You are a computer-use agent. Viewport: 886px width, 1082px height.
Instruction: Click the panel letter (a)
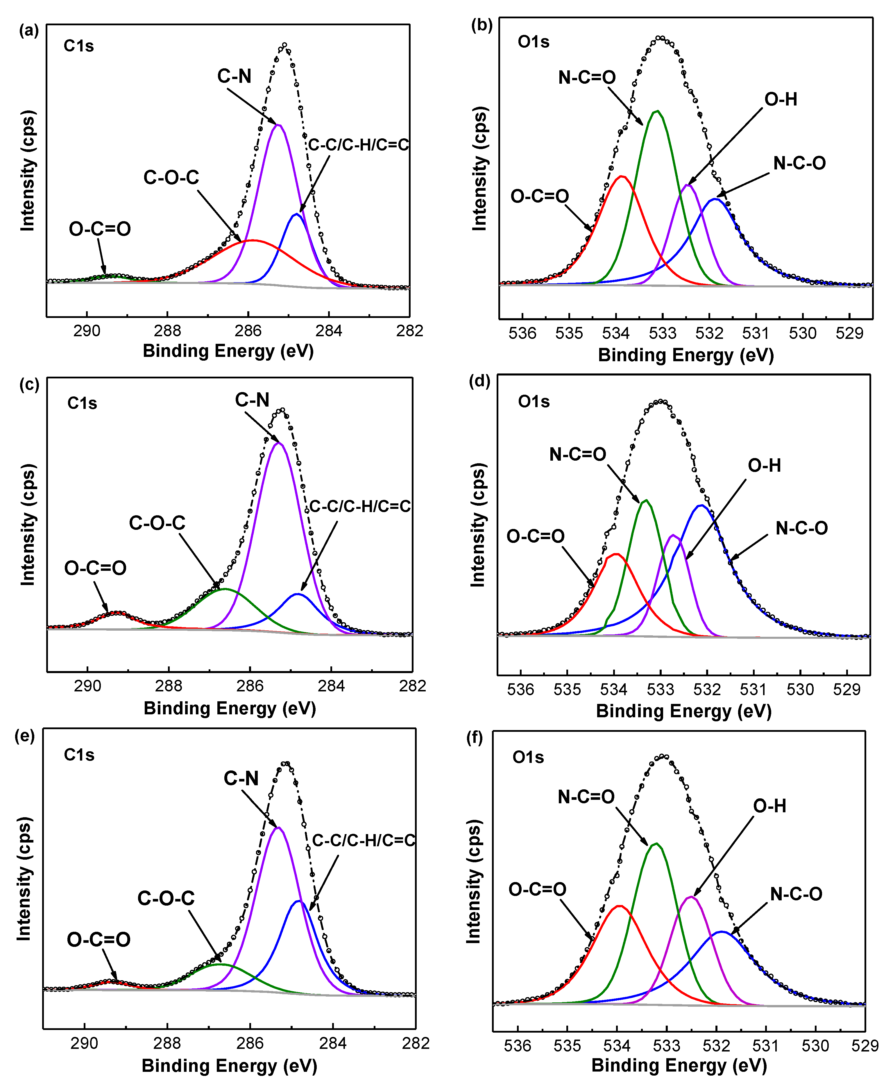[x=28, y=31]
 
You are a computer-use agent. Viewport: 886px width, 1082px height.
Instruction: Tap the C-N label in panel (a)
[x=234, y=76]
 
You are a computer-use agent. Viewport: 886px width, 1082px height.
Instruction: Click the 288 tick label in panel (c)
[x=169, y=685]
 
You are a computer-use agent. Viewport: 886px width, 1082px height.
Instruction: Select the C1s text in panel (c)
[x=82, y=403]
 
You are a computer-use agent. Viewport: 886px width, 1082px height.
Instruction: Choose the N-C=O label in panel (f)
[x=586, y=797]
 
